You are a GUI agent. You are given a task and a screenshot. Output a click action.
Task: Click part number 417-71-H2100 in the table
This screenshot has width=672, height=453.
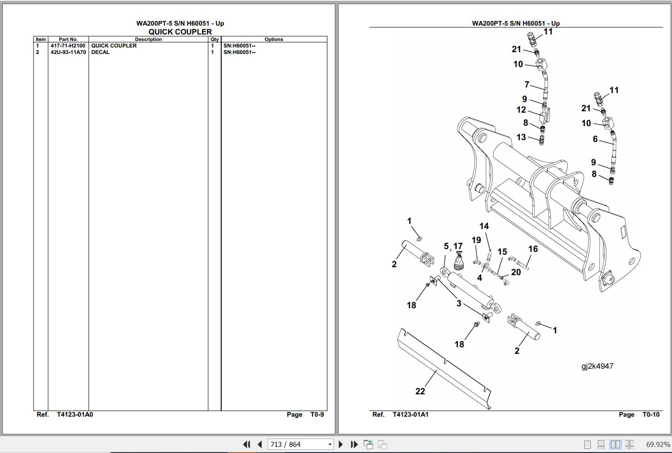[x=68, y=46]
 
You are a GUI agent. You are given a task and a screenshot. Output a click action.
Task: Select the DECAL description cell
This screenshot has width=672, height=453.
[x=101, y=52]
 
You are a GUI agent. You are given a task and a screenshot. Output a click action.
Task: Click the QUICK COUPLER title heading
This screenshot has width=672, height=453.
[x=180, y=32]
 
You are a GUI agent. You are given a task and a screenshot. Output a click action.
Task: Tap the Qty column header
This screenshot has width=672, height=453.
[x=214, y=39]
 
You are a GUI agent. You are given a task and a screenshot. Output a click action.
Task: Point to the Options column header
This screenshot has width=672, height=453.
[x=273, y=39]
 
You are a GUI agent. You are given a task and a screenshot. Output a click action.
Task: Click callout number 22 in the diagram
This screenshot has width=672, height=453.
[x=420, y=392]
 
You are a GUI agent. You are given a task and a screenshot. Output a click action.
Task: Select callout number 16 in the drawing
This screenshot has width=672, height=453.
[x=533, y=249]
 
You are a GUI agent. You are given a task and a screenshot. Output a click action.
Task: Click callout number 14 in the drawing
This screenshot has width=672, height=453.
[x=484, y=226]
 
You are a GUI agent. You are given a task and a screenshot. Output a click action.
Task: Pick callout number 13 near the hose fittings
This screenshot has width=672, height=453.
[x=521, y=137]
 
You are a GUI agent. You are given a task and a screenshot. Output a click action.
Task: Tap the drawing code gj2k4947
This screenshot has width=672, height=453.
[x=597, y=366]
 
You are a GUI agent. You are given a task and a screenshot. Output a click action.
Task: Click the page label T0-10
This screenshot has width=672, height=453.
[x=651, y=414]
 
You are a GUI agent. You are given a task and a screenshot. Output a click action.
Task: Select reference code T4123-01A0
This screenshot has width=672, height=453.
[x=75, y=414]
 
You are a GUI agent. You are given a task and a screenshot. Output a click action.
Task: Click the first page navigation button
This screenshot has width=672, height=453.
[x=246, y=444]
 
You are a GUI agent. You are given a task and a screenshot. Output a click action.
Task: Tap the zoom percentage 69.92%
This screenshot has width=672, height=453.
[x=658, y=444]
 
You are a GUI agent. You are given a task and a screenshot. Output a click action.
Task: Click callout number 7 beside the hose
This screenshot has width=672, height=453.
[x=527, y=85]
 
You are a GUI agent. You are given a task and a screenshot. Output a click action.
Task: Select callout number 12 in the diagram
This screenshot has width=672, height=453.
[x=521, y=110]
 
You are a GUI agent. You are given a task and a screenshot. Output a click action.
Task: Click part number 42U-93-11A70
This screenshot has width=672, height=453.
[x=68, y=52]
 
